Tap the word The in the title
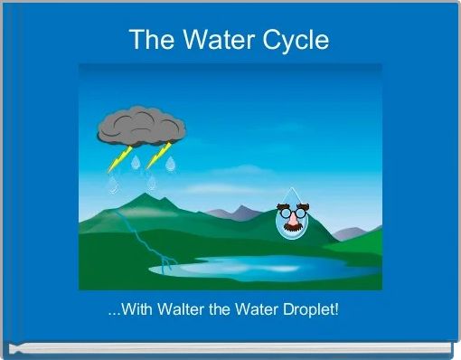150,40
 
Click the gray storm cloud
141,128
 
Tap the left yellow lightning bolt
117,160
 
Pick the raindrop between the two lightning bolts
136,163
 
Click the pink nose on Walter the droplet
291,222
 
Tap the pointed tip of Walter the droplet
291,188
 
